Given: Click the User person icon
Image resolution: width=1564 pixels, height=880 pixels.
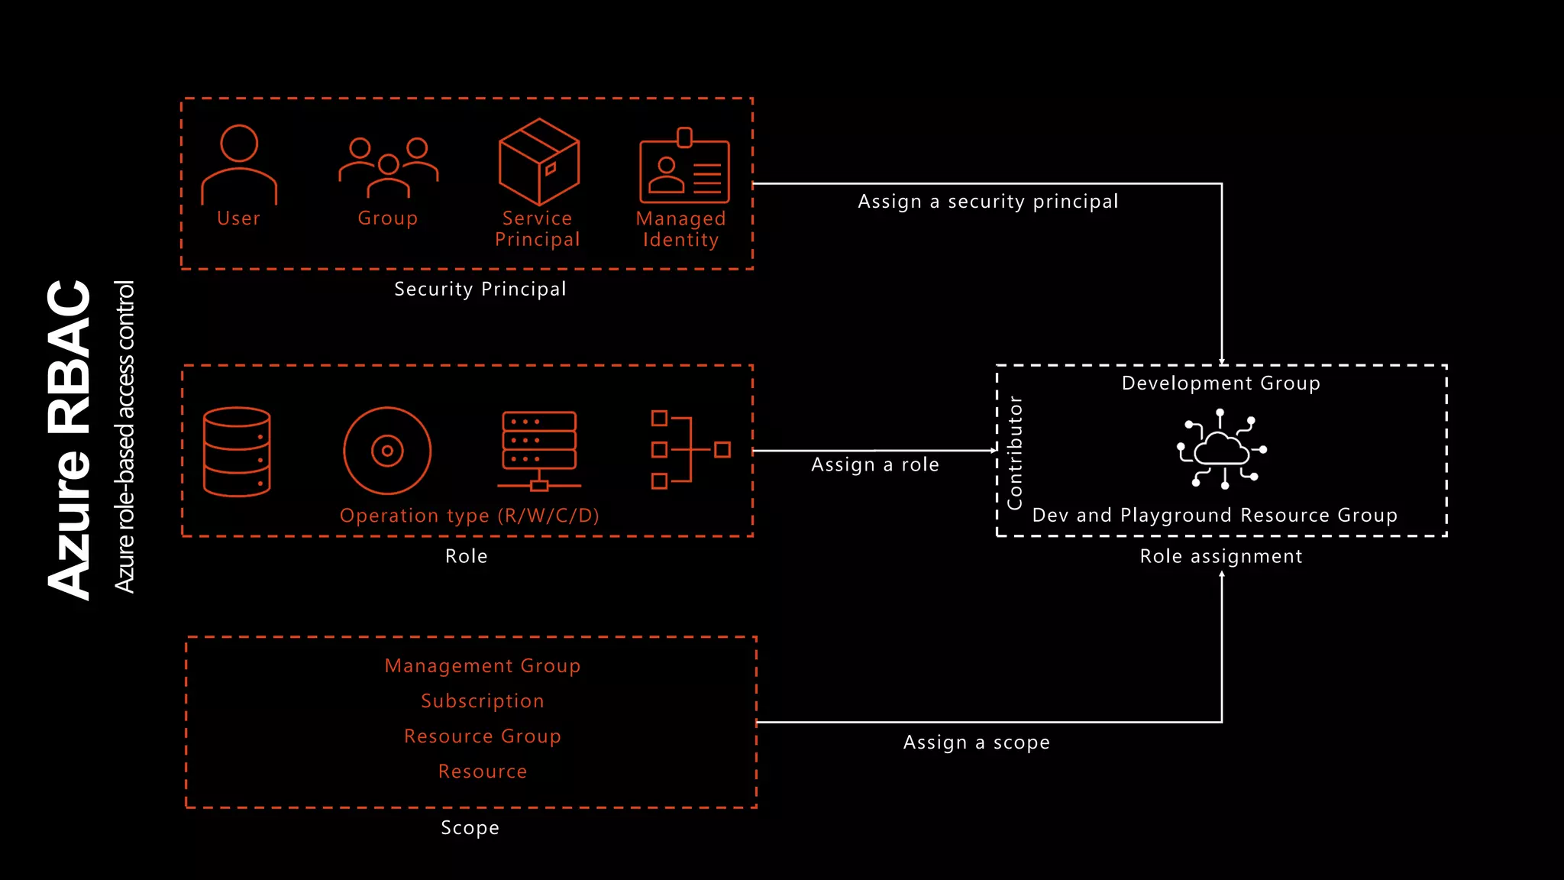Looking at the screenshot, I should tap(239, 164).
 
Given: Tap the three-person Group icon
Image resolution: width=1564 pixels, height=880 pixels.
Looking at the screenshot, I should tap(388, 167).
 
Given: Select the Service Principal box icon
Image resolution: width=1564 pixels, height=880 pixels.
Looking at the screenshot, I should tap(538, 161).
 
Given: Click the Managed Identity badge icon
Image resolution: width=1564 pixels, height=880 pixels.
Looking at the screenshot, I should tap(684, 167).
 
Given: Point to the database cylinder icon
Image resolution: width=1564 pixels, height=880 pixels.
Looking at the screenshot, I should tap(237, 451).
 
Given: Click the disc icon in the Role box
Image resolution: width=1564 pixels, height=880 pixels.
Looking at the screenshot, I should tap(387, 451).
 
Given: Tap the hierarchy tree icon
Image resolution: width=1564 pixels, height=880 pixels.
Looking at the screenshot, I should tap(690, 449).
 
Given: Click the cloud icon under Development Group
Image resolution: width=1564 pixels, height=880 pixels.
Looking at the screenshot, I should tap(1221, 449).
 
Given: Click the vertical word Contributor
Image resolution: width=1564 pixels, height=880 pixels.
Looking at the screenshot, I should tap(1015, 452).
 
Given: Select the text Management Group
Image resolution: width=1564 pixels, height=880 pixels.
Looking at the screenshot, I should tap(483, 666).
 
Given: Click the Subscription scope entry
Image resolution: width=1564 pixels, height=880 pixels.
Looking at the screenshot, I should tap(483, 701).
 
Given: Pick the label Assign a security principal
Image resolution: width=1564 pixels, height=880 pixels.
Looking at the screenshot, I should tap(987, 202).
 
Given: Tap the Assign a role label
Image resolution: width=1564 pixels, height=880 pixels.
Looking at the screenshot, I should tap(875, 464).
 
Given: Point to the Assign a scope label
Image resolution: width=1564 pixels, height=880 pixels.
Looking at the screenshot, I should tap(976, 742).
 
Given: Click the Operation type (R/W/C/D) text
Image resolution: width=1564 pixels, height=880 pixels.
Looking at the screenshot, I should tap(469, 516).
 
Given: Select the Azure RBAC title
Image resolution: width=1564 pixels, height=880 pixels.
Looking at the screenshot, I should tap(70, 440).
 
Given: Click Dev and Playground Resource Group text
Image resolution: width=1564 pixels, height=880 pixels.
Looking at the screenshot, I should tap(1214, 516).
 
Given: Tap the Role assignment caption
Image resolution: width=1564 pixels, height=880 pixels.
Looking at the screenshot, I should tap(1220, 556).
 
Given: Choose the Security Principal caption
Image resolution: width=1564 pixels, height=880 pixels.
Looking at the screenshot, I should tap(480, 290).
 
